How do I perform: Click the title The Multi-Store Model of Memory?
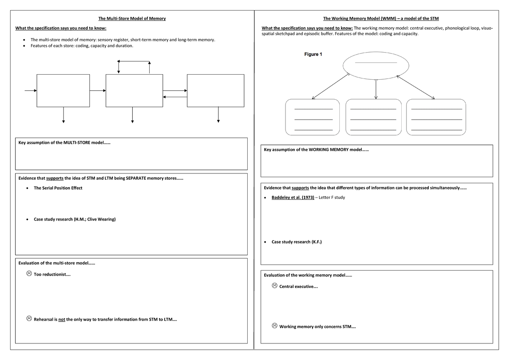pyautogui.click(x=132, y=19)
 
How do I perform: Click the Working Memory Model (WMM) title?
pyautogui.click(x=381, y=19)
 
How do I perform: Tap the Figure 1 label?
pyautogui.click(x=313, y=54)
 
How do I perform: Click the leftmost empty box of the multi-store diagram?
pyautogui.click(x=63, y=90)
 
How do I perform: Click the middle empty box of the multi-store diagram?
pyautogui.click(x=134, y=90)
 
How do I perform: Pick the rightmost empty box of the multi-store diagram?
pyautogui.click(x=215, y=90)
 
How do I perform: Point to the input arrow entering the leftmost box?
pyautogui.click(x=31, y=90)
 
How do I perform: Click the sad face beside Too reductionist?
pyautogui.click(x=29, y=274)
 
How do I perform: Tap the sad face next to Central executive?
pyautogui.click(x=274, y=286)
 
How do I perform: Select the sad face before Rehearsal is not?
pyautogui.click(x=29, y=318)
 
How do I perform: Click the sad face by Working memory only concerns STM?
pyautogui.click(x=274, y=326)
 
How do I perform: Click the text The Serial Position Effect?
pyautogui.click(x=58, y=188)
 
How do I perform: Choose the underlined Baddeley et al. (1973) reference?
pyautogui.click(x=293, y=198)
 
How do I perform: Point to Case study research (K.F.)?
pyautogui.click(x=296, y=242)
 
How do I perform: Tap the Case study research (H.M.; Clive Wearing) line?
pyautogui.click(x=75, y=219)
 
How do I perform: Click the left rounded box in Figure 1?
pyautogui.click(x=313, y=117)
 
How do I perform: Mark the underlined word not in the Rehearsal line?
pyautogui.click(x=62, y=319)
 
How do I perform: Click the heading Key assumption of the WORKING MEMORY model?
pyautogui.click(x=316, y=150)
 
